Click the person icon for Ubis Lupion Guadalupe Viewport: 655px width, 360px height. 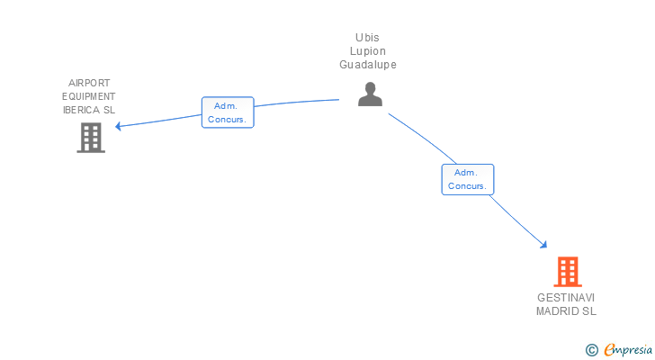pos(370,94)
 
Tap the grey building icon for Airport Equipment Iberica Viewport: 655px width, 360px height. pos(90,138)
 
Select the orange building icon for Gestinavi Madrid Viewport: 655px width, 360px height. pos(567,271)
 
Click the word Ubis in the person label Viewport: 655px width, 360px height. pos(368,37)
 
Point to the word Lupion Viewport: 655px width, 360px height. pos(368,51)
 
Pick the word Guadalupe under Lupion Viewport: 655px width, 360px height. pos(368,65)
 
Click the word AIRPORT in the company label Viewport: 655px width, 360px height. pos(88,83)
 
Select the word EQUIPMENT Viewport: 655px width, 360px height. pos(88,96)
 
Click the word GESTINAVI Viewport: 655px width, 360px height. pos(566,298)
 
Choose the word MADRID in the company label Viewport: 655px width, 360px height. pos(557,311)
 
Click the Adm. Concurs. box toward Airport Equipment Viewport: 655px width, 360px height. pos(228,112)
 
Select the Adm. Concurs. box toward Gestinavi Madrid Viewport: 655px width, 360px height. pos(467,179)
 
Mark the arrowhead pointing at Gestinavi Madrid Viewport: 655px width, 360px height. pos(543,244)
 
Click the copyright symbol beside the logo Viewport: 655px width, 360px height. pos(591,350)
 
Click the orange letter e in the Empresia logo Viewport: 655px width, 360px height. pos(609,350)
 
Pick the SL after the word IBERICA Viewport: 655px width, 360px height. pos(109,110)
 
